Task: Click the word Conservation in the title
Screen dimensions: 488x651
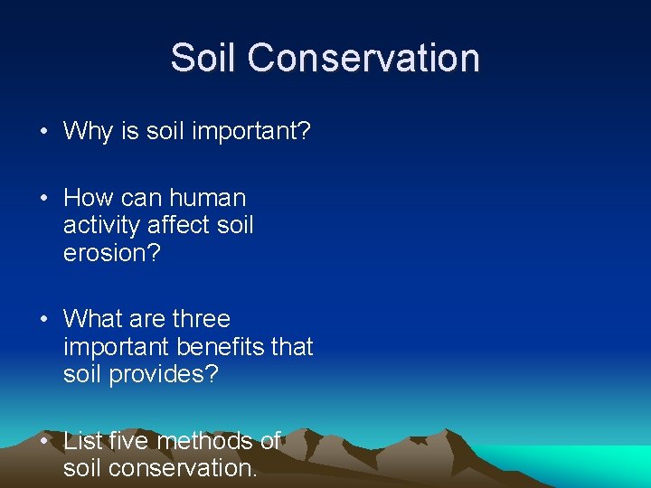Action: (363, 58)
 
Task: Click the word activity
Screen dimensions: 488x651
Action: (100, 225)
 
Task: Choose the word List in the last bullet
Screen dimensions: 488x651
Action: (82, 441)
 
